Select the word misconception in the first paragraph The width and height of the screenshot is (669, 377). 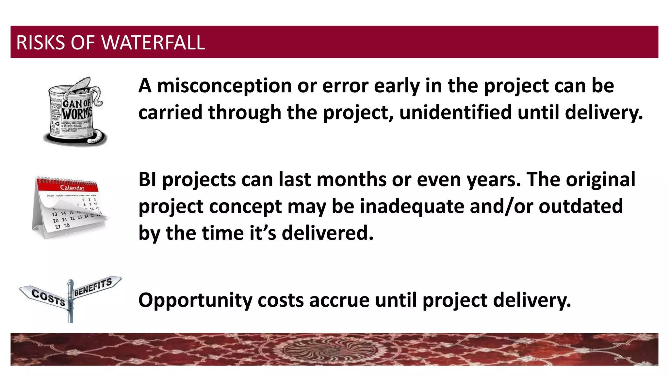click(x=224, y=86)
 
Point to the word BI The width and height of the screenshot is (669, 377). click(x=148, y=180)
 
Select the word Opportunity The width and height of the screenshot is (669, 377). click(x=195, y=300)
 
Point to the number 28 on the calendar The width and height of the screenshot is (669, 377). click(x=67, y=225)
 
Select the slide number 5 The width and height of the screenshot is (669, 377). click(x=615, y=360)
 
